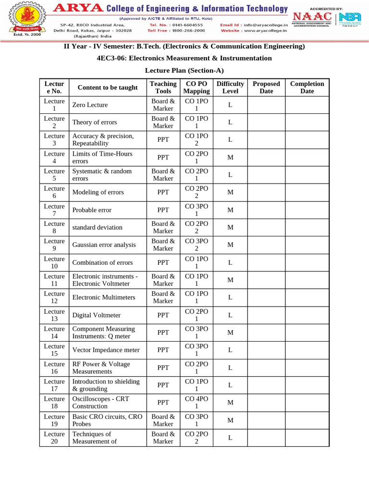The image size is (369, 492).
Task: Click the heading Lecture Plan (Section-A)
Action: (x=184, y=70)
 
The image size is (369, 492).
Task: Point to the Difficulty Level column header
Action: (x=230, y=87)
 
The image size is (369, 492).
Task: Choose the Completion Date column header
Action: (x=307, y=87)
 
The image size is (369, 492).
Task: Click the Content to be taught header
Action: (x=107, y=87)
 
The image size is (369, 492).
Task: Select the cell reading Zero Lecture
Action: (x=90, y=105)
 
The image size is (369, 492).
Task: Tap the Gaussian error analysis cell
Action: (x=104, y=245)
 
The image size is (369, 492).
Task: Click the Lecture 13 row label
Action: (x=54, y=315)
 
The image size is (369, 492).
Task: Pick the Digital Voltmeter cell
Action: (x=96, y=315)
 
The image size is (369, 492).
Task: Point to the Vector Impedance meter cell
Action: (x=106, y=350)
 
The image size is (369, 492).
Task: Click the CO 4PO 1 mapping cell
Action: (x=197, y=402)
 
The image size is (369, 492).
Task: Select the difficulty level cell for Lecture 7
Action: (x=230, y=210)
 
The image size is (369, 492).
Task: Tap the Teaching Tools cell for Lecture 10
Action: (x=163, y=262)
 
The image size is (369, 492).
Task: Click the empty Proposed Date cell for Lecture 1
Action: (x=266, y=105)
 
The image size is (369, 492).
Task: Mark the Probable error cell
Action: (x=92, y=210)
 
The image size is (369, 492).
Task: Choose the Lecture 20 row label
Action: (x=54, y=438)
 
